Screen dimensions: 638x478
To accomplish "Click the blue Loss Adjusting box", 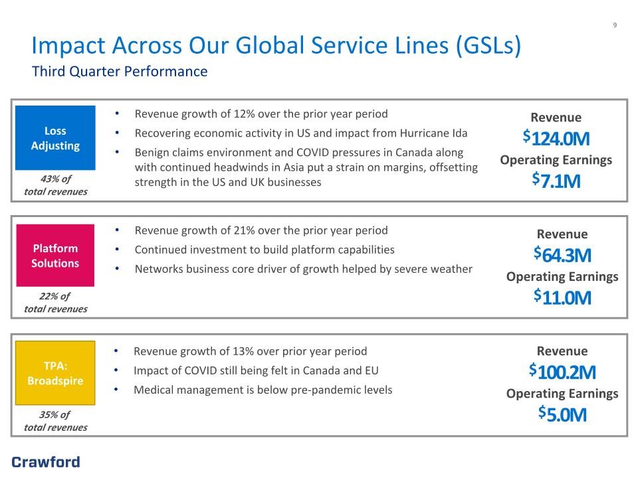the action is [55, 138].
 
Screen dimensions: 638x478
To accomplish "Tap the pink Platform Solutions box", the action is [55, 255].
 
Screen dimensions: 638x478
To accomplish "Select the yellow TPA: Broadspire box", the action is [55, 372].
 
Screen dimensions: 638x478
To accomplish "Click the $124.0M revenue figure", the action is [556, 138].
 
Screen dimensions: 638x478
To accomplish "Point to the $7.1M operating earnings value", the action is [556, 181].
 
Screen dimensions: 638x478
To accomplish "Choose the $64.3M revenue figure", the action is [562, 255].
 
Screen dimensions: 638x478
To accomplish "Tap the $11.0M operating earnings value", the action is [562, 297].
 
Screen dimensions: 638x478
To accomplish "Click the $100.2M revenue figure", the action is [562, 372].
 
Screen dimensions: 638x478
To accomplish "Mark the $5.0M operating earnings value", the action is [562, 414].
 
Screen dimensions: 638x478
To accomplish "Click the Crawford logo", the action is [46, 462].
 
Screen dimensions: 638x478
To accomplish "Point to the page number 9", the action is [615, 25].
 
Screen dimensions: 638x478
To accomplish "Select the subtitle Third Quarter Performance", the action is [120, 72].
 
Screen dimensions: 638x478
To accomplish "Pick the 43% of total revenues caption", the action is [56, 185].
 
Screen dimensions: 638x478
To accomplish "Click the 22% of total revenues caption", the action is [56, 303].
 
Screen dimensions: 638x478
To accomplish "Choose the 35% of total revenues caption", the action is [56, 421].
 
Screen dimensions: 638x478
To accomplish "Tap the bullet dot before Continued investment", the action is [117, 250].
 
